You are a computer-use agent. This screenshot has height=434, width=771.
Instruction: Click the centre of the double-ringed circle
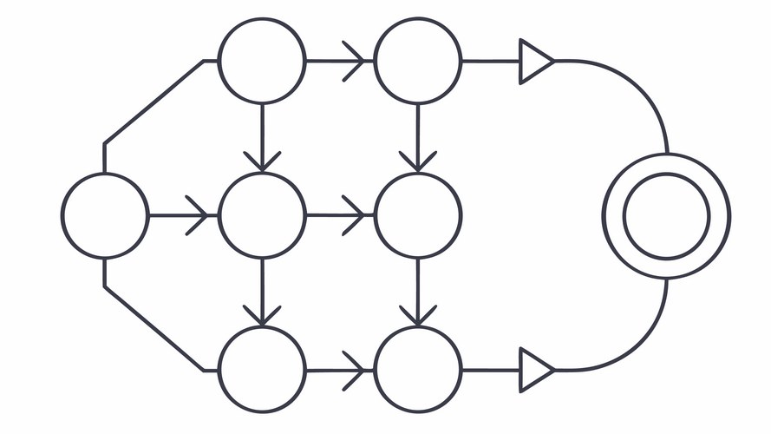667,215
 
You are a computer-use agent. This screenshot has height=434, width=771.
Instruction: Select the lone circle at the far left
105,215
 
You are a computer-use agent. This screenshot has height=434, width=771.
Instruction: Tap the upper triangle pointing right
535,62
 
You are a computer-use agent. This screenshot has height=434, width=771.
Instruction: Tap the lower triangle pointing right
535,370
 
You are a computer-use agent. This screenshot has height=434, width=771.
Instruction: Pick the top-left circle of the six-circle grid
262,62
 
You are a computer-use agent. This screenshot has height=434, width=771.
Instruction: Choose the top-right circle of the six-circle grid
417,62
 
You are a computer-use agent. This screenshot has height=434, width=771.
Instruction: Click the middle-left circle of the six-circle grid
262,215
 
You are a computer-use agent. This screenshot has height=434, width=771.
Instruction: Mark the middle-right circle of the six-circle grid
417,215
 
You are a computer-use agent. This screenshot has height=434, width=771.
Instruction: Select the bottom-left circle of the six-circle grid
262,370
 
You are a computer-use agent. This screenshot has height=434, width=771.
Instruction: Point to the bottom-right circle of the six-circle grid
417,370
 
